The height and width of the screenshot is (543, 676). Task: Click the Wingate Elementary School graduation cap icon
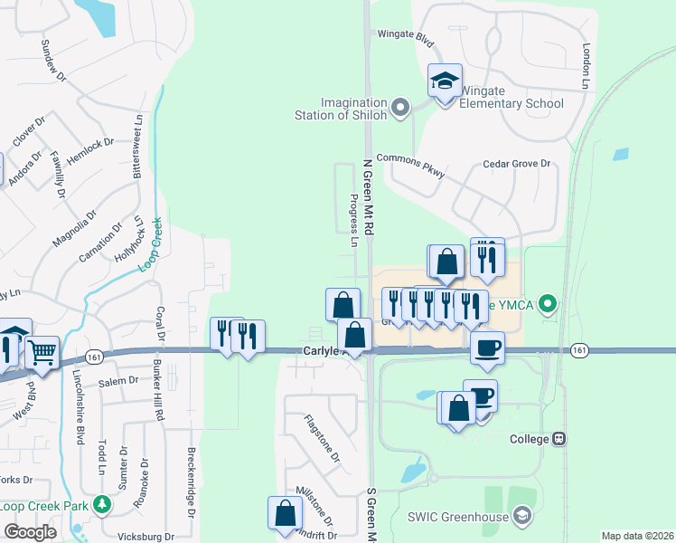445,82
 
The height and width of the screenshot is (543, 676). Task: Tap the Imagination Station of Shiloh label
342,109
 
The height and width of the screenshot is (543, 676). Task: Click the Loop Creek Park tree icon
103,503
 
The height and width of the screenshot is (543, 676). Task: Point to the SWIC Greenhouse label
454,517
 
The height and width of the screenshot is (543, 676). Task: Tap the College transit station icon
559,439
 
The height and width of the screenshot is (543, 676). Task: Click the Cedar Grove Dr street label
516,164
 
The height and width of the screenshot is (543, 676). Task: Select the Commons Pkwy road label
412,163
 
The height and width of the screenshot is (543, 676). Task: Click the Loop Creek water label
149,244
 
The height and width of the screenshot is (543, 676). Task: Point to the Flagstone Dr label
323,439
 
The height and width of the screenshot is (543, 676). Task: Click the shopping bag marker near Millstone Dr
286,512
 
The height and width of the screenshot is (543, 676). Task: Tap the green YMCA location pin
547,305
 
